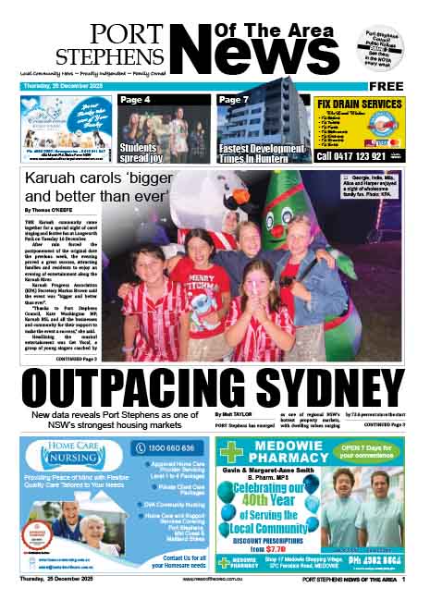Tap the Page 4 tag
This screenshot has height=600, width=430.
[137, 99]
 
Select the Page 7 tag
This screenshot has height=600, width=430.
[235, 99]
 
